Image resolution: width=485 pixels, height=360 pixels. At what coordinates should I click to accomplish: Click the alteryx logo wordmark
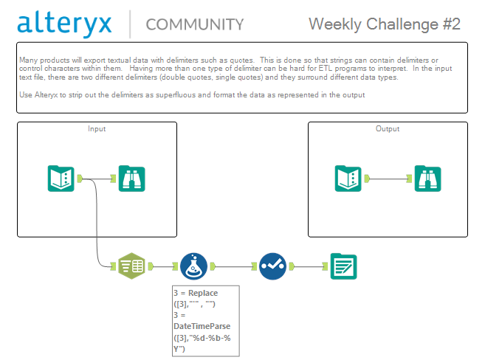click(64, 24)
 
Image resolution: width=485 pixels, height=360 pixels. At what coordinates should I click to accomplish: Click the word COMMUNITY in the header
click(195, 25)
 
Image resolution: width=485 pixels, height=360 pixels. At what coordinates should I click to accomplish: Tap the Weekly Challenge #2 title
click(385, 24)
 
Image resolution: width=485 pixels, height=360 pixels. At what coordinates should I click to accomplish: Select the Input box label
click(97, 129)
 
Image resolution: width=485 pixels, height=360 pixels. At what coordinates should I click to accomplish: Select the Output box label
click(388, 129)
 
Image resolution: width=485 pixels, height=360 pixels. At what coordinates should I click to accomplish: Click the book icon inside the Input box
click(61, 179)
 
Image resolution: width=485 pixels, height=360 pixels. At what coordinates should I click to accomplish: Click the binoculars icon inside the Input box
click(131, 179)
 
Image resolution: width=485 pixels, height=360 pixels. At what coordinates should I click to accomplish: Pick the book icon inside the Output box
click(348, 179)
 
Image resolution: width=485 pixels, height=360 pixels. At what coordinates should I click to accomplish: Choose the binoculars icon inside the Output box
click(427, 179)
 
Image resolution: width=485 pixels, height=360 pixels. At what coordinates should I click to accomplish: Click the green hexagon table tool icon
click(131, 266)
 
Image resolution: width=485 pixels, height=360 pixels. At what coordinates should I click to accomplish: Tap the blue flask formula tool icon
click(193, 266)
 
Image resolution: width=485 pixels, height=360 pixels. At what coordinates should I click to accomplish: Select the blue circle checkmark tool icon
click(272, 266)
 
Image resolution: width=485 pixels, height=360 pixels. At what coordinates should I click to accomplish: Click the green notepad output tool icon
click(344, 266)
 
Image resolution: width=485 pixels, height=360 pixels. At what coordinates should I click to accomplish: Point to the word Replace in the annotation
click(203, 293)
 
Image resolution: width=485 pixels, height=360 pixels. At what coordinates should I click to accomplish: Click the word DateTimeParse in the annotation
click(202, 326)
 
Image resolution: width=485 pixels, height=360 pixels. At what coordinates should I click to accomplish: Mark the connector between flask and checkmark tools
click(233, 266)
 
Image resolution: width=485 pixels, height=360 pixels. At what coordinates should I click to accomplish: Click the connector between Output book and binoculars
click(388, 179)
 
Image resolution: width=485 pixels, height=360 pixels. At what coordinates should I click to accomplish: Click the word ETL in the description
click(326, 69)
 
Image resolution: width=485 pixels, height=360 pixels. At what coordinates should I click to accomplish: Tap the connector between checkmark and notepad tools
click(309, 266)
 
